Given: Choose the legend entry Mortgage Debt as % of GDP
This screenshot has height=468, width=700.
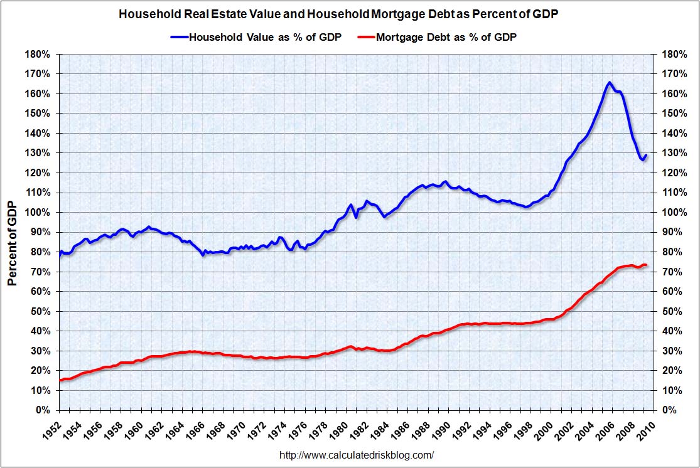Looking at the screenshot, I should click(x=446, y=37).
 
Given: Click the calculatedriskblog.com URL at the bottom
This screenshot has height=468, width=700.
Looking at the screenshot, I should click(x=356, y=455).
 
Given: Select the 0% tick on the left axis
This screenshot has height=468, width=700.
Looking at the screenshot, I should click(x=41, y=410).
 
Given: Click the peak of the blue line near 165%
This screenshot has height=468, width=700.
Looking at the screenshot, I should click(x=609, y=82).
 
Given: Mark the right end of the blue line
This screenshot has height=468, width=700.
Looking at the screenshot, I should click(x=645, y=156).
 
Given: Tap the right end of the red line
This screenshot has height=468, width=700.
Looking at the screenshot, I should click(x=645, y=265).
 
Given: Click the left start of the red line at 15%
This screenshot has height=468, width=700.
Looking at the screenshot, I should click(x=60, y=380).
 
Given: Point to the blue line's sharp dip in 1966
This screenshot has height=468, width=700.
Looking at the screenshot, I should click(x=203, y=255).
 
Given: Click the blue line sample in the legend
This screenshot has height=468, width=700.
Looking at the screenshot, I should click(x=178, y=37).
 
